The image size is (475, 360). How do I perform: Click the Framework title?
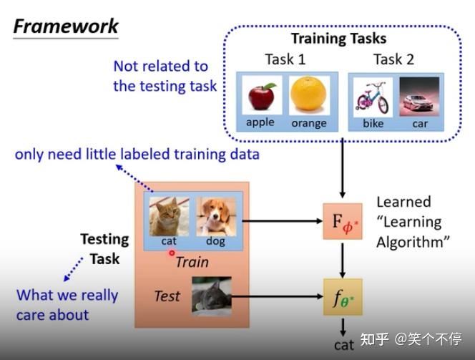tap(66, 26)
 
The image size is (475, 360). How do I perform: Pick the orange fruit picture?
tap(308, 95)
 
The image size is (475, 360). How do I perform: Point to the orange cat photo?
tap(170, 216)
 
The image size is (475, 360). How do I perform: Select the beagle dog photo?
tap(215, 216)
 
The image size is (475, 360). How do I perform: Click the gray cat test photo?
tap(211, 296)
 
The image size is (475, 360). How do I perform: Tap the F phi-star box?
tap(343, 222)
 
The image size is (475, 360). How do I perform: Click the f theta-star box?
tap(343, 296)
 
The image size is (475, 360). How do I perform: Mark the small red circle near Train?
tap(172, 253)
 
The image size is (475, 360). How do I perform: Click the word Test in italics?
tap(167, 296)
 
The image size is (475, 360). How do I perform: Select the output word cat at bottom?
tap(343, 345)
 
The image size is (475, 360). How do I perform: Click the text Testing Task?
tap(104, 248)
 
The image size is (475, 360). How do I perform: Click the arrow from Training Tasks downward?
tap(343, 169)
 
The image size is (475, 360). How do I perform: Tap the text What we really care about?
tap(67, 304)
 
